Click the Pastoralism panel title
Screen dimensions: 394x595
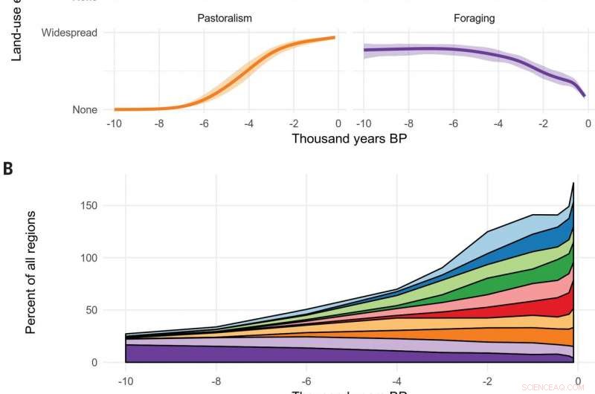click(x=224, y=18)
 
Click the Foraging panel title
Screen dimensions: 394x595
click(x=474, y=18)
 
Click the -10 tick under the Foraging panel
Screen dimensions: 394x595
click(x=363, y=123)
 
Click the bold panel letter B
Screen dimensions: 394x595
click(x=8, y=168)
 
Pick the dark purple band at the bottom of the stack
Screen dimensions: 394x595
click(x=297, y=355)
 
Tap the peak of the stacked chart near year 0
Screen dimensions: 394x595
click(x=573, y=183)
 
